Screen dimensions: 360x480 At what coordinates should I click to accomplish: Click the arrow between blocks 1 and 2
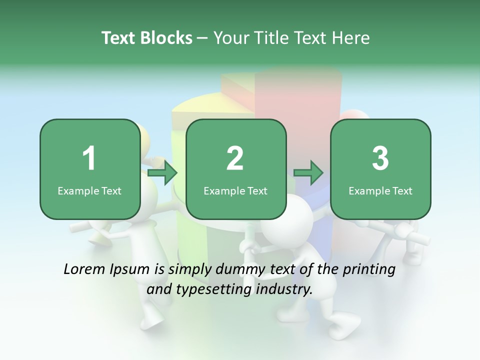click(163, 173)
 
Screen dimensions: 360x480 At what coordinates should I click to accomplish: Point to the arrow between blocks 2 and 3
click(308, 173)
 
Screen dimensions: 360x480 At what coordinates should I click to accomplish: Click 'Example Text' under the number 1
click(89, 190)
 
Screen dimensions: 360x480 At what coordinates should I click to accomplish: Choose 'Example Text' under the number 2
click(235, 190)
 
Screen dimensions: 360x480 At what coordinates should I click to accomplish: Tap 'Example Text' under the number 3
click(380, 190)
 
